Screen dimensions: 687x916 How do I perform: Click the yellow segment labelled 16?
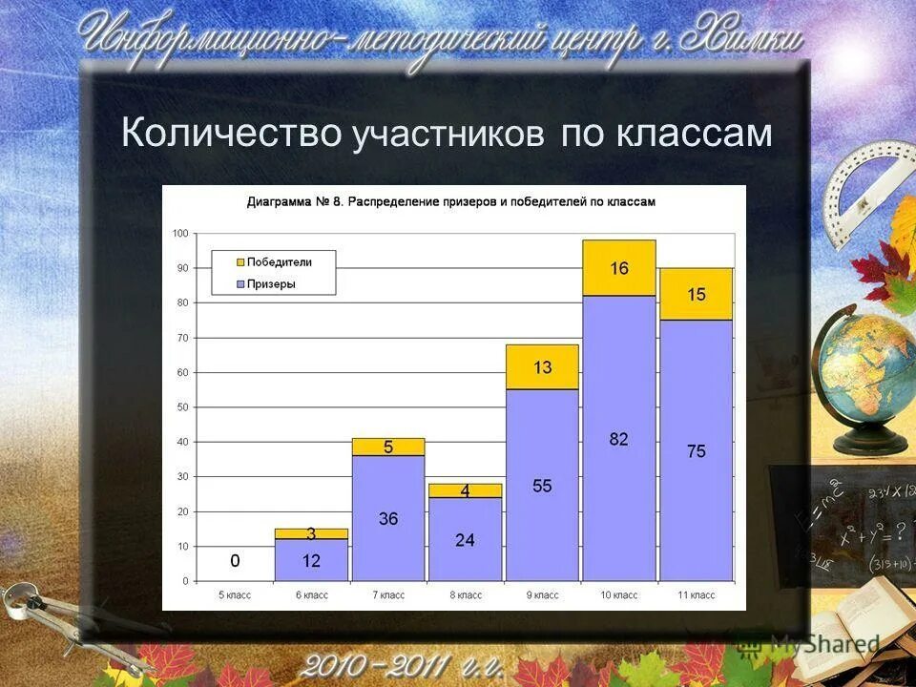[619, 268]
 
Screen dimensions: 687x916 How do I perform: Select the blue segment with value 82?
[619, 438]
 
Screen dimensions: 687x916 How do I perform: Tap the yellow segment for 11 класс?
[697, 294]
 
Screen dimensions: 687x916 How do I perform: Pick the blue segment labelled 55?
[542, 485]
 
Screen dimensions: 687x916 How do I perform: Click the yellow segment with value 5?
[388, 447]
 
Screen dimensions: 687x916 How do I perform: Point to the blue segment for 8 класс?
[465, 539]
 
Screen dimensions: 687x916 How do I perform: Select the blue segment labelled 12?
[311, 561]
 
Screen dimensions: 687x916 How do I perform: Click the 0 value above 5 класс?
[235, 561]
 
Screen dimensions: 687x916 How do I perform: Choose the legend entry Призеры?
[271, 283]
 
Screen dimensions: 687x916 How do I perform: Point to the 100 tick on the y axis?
[180, 234]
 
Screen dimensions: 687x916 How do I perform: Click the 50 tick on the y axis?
[182, 407]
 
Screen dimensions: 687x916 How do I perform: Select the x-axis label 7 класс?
[388, 594]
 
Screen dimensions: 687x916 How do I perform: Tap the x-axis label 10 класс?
[619, 594]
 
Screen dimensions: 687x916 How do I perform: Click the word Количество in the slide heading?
[231, 133]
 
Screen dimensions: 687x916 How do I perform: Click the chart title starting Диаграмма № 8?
[451, 202]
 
